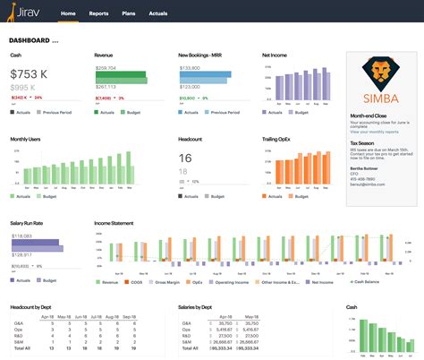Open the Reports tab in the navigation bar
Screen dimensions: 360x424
click(98, 14)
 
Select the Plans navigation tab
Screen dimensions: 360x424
click(128, 14)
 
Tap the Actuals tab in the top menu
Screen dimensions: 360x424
click(158, 14)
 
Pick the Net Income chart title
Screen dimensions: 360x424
click(276, 56)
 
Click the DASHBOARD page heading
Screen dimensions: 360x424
click(32, 40)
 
